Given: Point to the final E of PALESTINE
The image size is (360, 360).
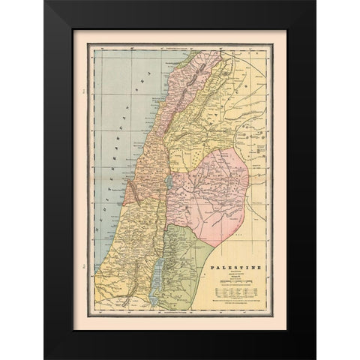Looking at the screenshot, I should pos(262,266).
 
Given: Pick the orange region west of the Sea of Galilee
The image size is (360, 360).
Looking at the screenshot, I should pos(146,176).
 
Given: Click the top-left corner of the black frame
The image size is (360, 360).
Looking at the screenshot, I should pos(45,2).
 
